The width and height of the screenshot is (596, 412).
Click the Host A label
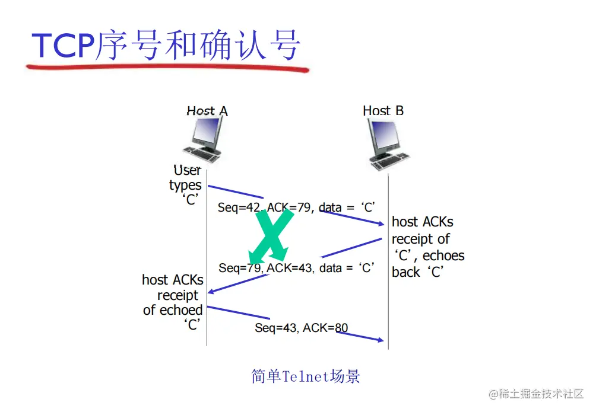(207, 111)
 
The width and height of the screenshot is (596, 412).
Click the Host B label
(383, 111)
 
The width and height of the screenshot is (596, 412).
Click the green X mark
(271, 234)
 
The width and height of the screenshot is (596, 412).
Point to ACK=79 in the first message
(288, 207)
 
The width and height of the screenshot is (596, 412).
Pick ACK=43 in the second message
(290, 268)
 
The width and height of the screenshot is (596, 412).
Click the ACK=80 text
(325, 328)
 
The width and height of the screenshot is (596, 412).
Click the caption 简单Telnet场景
(306, 376)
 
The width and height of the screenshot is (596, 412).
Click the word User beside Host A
(188, 171)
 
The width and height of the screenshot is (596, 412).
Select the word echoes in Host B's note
(443, 256)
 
